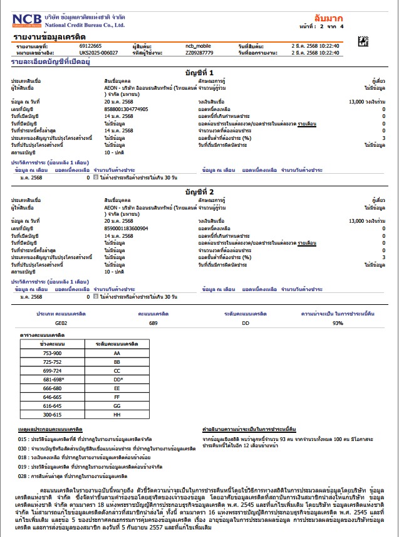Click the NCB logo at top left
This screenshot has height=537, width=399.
pyautogui.click(x=29, y=20)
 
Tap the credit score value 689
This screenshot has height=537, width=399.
pyautogui.click(x=153, y=322)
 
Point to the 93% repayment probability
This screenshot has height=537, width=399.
pyautogui.click(x=338, y=322)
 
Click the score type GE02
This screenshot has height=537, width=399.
pyautogui.click(x=61, y=322)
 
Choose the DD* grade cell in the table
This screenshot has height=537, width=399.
pyautogui.click(x=117, y=380)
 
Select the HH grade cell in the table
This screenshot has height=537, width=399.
pyautogui.click(x=117, y=415)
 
